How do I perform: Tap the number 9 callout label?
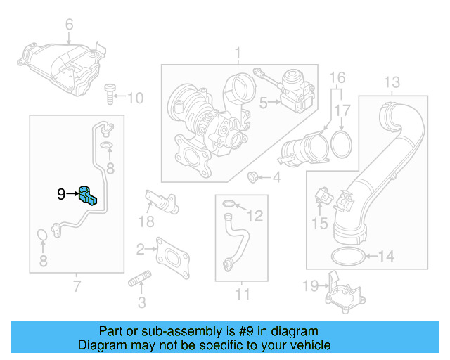point(61,193)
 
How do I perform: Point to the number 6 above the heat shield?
point(69,25)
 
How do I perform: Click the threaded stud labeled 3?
point(139,284)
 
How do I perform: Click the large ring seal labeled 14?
point(346,256)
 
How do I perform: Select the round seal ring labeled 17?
point(342,145)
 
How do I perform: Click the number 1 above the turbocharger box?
point(237,53)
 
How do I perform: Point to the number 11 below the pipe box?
point(242,293)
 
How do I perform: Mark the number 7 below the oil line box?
point(77,286)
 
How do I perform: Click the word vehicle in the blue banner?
point(310,346)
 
